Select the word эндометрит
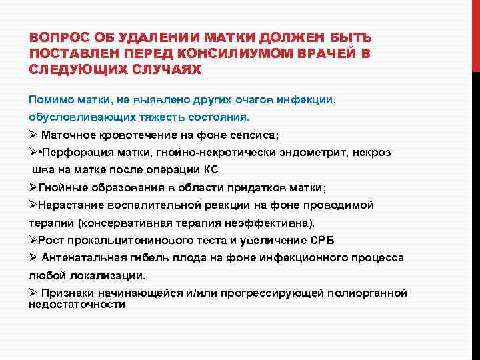click(x=310, y=153)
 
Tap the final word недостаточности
click(x=77, y=304)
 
